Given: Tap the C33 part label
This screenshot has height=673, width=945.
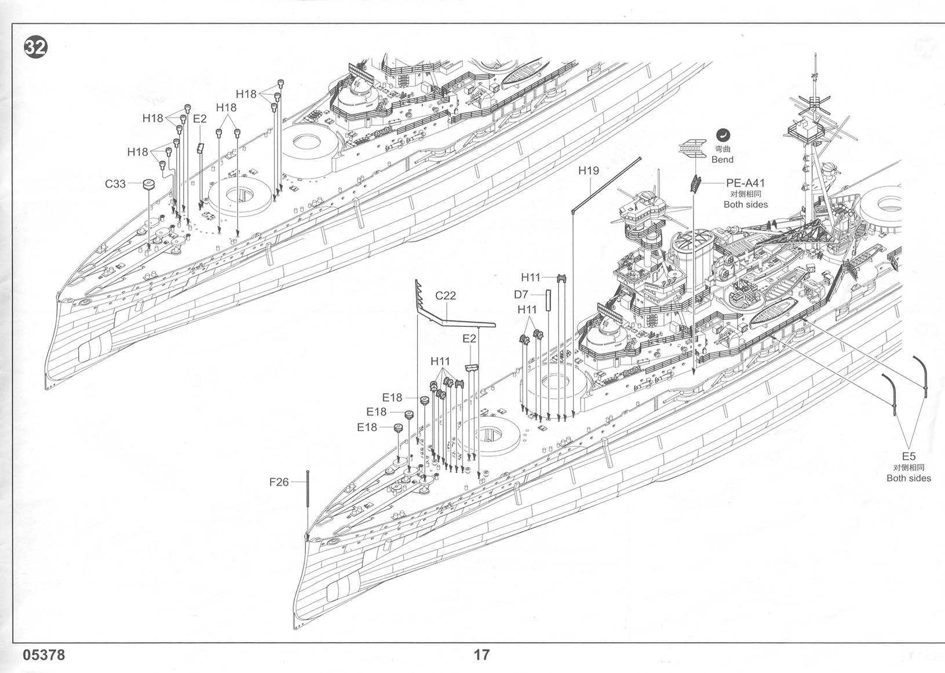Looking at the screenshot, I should point(115,184).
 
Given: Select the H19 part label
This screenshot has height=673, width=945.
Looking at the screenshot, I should point(589,170).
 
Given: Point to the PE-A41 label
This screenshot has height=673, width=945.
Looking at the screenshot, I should point(745,183).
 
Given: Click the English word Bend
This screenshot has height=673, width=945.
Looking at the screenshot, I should point(723,159).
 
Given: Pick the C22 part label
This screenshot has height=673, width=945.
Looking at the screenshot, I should point(446,295).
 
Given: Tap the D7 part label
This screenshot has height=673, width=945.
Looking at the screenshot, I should point(521,294).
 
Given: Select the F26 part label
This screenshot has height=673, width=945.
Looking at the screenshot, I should point(279,482).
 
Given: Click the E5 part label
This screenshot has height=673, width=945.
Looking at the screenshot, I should point(908,456).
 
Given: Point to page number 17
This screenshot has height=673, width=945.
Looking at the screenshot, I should point(481,655).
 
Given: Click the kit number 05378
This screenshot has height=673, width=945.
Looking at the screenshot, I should point(44,655).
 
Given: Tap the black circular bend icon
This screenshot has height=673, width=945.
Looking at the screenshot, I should point(723,134).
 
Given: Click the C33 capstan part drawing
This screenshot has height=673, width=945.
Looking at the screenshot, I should point(149,185).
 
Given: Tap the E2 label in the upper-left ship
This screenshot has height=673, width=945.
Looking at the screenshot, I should point(199,119).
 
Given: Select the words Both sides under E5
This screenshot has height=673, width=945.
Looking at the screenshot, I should point(908,478).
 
